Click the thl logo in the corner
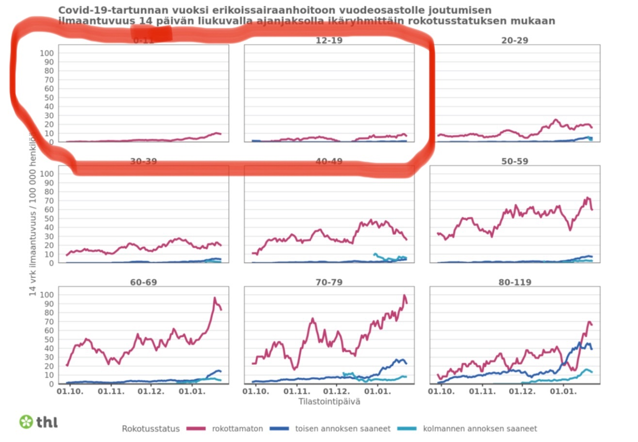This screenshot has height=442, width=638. [38, 422]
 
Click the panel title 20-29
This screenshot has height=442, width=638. [515, 40]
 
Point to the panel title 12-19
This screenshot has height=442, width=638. [329, 40]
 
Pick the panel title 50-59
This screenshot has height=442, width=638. [515, 161]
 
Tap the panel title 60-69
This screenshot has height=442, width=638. [143, 282]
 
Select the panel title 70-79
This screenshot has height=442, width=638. [329, 282]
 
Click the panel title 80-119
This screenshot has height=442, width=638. [515, 282]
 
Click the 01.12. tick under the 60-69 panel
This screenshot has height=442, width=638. [151, 391]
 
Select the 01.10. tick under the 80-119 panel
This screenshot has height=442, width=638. [442, 391]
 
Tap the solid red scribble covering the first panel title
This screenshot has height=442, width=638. [151, 33]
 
